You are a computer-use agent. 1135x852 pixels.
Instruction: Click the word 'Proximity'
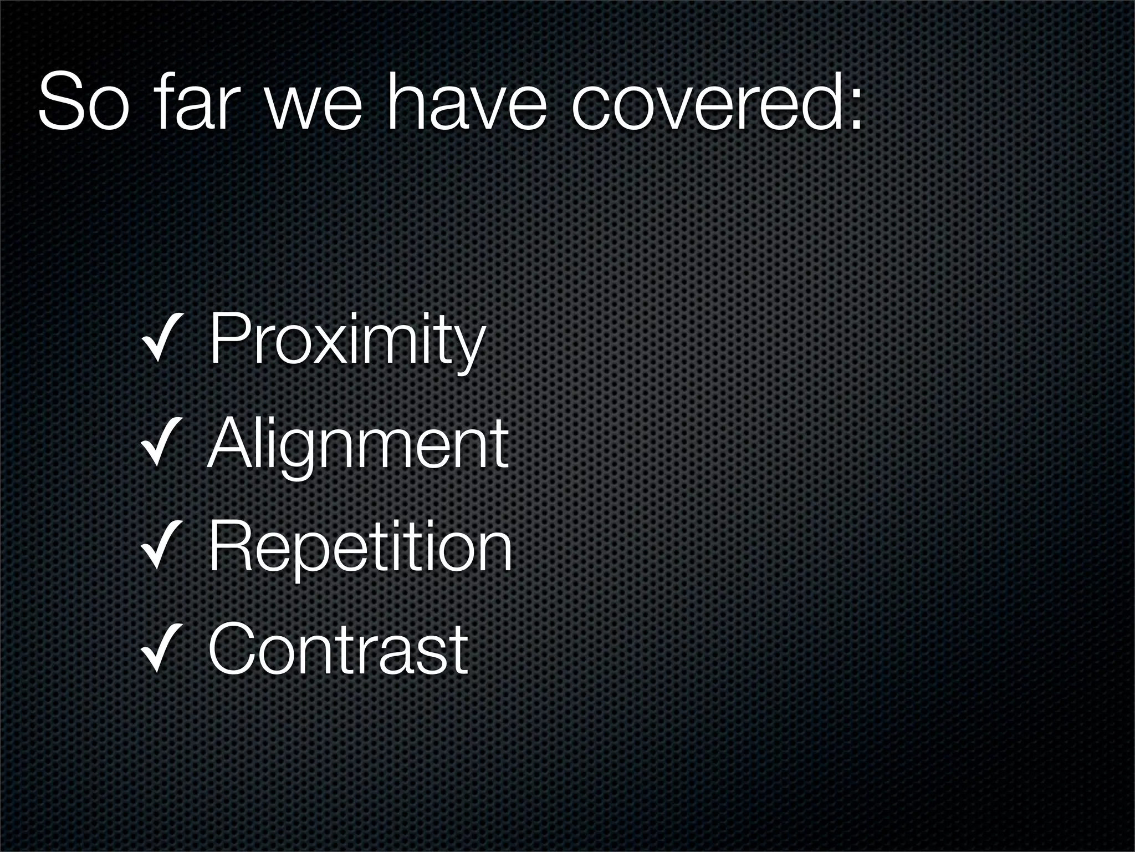click(x=347, y=339)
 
